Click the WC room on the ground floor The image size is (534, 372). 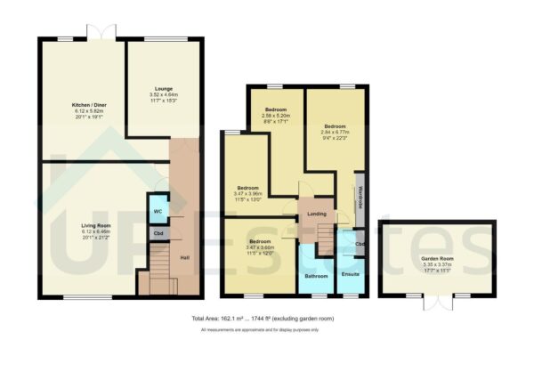tap(158, 211)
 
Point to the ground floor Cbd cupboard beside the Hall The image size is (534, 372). tap(158, 234)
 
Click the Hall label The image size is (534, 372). tap(184, 258)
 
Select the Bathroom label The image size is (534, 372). tap(316, 276)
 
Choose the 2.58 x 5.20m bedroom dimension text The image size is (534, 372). tap(277, 116)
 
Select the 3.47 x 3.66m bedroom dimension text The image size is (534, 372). tap(260, 247)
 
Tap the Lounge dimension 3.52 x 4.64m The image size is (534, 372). tap(163, 94)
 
